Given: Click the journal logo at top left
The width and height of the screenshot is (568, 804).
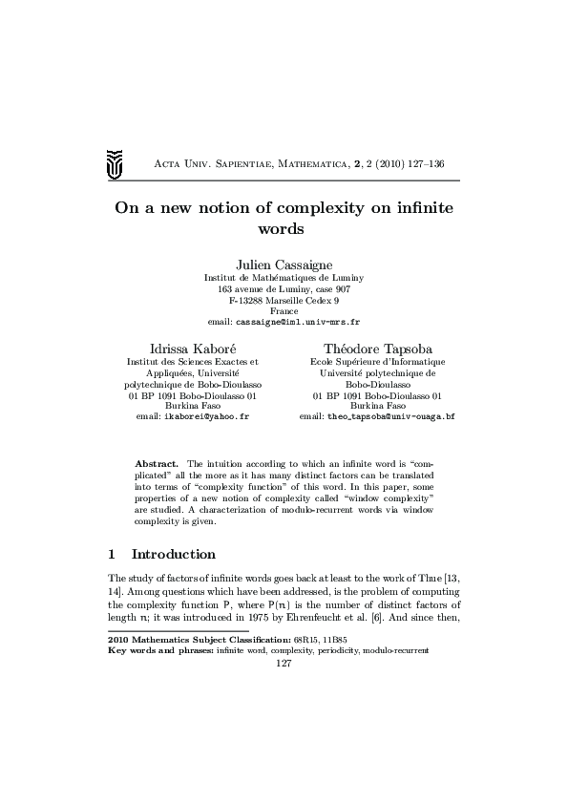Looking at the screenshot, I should click(x=115, y=165).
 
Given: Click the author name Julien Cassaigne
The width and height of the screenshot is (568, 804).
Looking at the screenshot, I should click(x=284, y=263).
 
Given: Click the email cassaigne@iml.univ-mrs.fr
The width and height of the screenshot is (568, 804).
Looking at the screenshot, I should click(x=284, y=323).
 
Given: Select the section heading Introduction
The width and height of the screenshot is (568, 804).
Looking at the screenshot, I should click(x=173, y=554).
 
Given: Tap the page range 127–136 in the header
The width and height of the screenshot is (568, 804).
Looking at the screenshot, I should click(x=437, y=164).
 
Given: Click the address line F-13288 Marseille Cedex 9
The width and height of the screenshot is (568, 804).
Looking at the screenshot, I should click(x=284, y=300).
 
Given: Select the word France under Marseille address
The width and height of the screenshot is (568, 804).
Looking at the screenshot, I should click(x=284, y=311).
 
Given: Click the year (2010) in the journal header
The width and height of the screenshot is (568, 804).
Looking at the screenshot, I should click(x=377, y=164).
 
